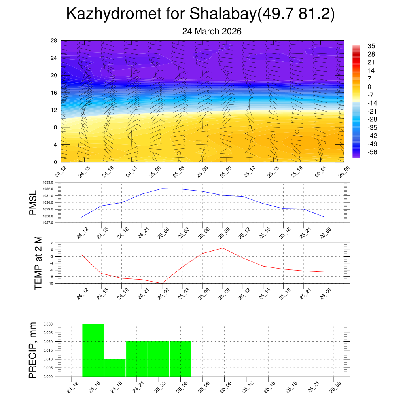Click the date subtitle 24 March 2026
[x=212, y=31]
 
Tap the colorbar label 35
[x=371, y=46]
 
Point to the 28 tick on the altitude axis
[x=54, y=41]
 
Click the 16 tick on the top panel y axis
[x=54, y=93]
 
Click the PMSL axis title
[x=33, y=203]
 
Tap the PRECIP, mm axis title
[x=33, y=350]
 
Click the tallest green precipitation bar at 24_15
[x=93, y=350]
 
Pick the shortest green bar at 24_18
[x=115, y=368]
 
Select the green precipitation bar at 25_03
[x=180, y=359]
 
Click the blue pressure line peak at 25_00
[x=162, y=189]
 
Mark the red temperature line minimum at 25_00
[x=162, y=283]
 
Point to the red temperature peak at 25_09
[x=223, y=248]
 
